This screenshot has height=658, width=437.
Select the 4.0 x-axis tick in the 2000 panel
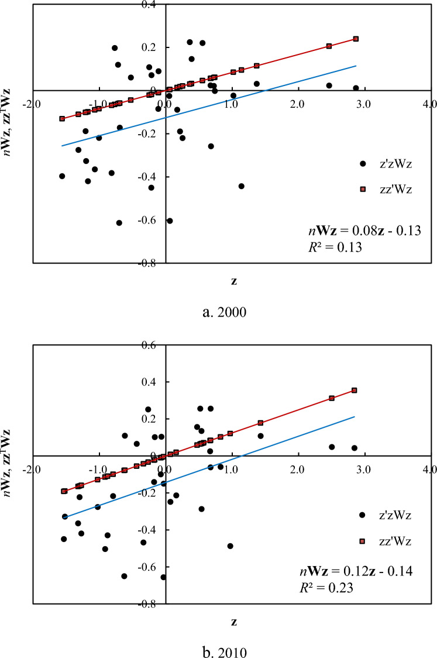[429, 104]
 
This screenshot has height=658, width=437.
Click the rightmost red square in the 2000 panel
[355, 39]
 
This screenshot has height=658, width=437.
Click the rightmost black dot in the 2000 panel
[356, 88]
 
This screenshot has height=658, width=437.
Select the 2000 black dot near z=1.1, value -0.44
[241, 186]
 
